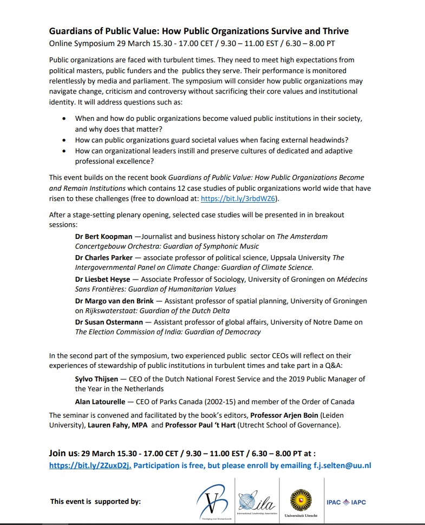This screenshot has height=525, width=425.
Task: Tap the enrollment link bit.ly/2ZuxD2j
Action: pyautogui.click(x=90, y=465)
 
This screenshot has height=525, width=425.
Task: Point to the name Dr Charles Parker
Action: pyautogui.click(x=104, y=258)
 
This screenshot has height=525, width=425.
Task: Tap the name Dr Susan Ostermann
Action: pyautogui.click(x=110, y=322)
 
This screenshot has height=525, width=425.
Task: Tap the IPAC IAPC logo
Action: pyautogui.click(x=346, y=502)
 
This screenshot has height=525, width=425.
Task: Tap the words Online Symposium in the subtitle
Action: pyautogui.click(x=80, y=43)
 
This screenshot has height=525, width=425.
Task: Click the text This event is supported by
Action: pyautogui.click(x=95, y=502)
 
